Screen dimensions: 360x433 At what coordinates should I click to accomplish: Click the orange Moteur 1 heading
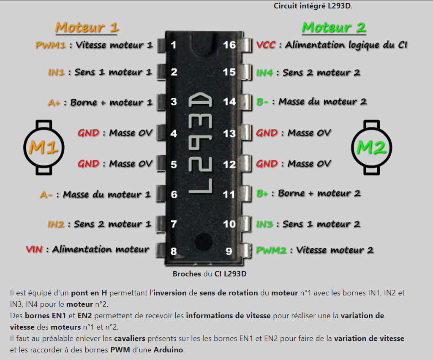click(x=87, y=27)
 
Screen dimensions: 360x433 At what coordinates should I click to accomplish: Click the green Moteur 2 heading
click(x=333, y=27)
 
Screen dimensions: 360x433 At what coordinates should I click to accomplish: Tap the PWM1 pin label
click(x=50, y=45)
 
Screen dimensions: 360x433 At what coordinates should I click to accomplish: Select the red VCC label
click(x=266, y=45)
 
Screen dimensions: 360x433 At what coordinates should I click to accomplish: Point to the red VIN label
click(x=34, y=249)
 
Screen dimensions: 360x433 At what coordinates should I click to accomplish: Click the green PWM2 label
click(x=271, y=250)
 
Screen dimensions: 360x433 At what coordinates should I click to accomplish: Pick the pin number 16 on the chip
click(x=229, y=44)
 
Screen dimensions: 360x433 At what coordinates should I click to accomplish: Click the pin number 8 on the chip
click(x=173, y=252)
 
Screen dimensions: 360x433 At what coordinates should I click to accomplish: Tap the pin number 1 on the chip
click(x=174, y=45)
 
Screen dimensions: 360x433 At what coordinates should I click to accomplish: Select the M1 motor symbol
click(x=44, y=147)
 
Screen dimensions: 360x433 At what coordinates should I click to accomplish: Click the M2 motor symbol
click(x=372, y=147)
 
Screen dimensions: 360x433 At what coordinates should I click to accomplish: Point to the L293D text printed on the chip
click(x=200, y=143)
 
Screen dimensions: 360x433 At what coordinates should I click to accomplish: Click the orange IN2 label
click(x=56, y=224)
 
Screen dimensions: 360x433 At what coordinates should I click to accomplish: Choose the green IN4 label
click(x=264, y=73)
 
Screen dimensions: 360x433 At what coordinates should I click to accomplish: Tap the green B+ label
click(x=262, y=194)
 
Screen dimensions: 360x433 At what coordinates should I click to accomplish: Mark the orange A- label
click(x=46, y=195)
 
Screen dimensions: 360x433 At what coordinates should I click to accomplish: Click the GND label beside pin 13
click(x=267, y=133)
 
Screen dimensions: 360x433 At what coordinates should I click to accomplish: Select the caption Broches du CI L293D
click(x=209, y=274)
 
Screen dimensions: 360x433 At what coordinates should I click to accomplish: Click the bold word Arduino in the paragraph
click(x=169, y=350)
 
